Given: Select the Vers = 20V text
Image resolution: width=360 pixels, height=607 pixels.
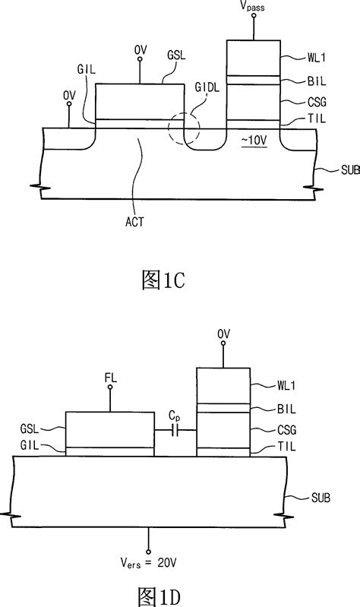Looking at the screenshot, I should [x=149, y=565].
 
